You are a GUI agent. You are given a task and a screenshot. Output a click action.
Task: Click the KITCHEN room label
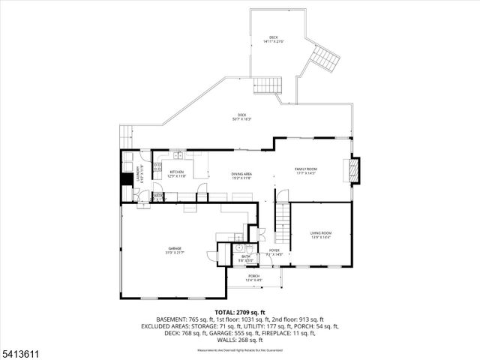(x=177, y=172)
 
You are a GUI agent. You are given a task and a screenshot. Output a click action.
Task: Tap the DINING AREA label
(x=241, y=174)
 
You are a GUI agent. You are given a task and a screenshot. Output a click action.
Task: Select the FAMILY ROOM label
(x=306, y=169)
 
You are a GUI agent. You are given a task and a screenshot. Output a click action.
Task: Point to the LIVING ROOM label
(x=321, y=233)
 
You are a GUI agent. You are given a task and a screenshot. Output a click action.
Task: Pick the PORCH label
(x=253, y=276)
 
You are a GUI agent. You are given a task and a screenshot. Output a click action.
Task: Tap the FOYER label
(x=274, y=250)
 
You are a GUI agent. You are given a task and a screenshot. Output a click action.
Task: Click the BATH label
(x=246, y=257)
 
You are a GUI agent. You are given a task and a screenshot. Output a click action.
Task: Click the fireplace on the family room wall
(x=355, y=169)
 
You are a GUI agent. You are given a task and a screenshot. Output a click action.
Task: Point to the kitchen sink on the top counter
(x=179, y=155)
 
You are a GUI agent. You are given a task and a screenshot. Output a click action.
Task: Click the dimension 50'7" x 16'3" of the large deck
(x=242, y=119)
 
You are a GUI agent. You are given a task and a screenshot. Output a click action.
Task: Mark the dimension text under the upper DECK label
(x=274, y=42)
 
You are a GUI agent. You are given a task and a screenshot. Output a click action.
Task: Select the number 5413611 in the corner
(x=18, y=349)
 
